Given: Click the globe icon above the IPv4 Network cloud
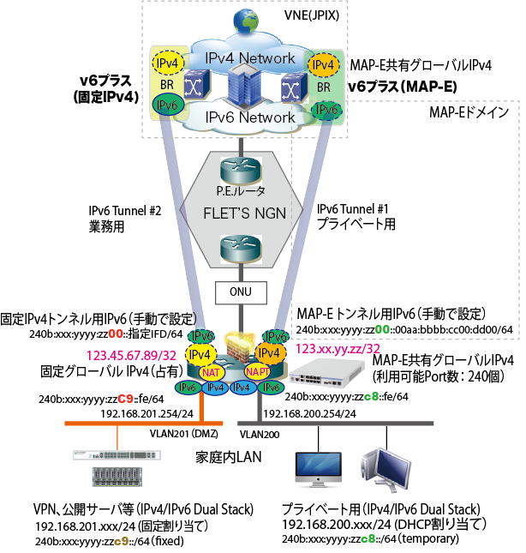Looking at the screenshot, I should (x=251, y=19).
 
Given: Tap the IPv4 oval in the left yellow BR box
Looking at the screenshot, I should (x=164, y=64).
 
